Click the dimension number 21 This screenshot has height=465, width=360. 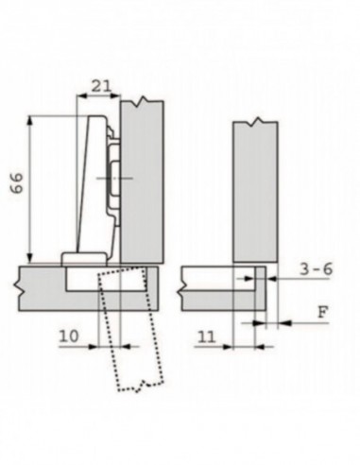pos(100,86)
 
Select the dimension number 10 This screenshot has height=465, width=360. pos(70,336)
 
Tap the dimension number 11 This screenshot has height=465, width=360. pos(207,336)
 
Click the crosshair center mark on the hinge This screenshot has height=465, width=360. pos(116,178)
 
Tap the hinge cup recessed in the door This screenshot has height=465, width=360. pos(83,281)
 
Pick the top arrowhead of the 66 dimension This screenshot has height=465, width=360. pos(32,120)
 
